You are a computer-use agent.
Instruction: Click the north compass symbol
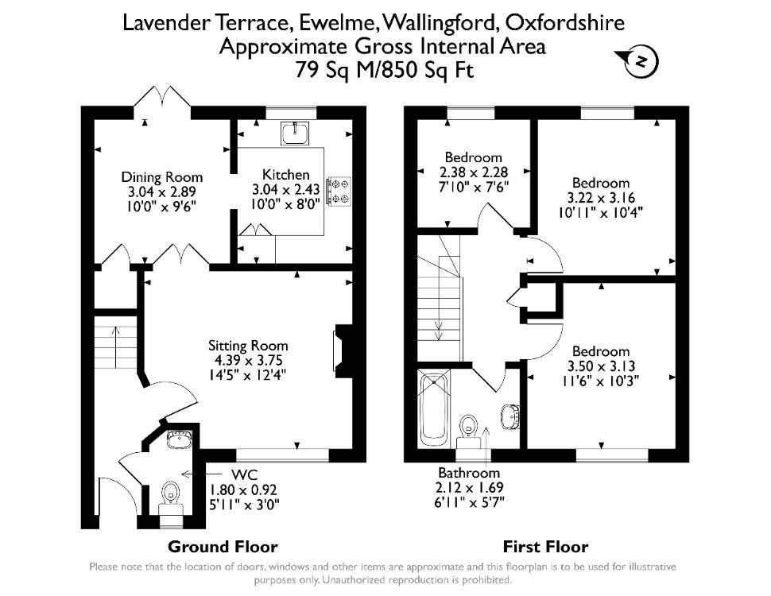[640, 61]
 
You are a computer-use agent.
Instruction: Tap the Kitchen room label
[285, 175]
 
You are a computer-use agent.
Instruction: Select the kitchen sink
[295, 134]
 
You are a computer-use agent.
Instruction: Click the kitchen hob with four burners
[339, 191]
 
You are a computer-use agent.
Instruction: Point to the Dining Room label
[162, 177]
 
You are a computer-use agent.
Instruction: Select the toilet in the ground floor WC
[171, 497]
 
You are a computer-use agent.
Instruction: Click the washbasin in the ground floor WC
[180, 439]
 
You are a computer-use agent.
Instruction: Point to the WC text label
[244, 475]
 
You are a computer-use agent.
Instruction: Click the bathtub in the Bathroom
[433, 409]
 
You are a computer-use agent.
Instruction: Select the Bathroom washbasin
[510, 417]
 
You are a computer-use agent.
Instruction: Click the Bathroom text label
[469, 473]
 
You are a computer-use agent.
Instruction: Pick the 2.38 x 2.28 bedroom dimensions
[474, 172]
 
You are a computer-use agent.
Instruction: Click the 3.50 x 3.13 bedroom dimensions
[601, 366]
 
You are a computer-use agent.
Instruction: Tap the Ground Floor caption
[223, 547]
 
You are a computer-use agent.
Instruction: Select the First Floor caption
[545, 547]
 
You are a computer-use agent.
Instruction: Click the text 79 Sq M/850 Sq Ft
[384, 70]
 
